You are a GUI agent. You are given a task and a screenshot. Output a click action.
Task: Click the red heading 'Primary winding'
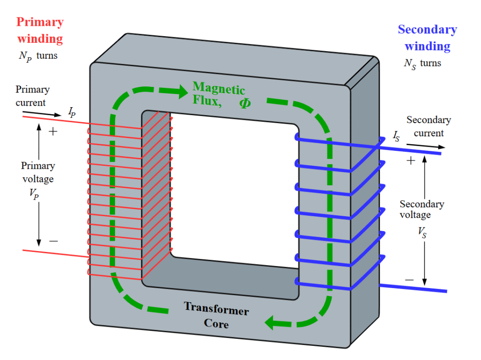[40, 31]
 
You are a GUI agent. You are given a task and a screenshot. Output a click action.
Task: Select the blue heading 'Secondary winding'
[427, 38]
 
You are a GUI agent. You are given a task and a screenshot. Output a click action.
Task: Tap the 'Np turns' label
[38, 56]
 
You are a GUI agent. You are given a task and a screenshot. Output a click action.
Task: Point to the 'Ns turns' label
[422, 64]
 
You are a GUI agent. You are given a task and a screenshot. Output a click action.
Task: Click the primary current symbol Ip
[72, 112]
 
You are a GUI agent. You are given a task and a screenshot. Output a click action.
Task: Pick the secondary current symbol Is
[396, 136]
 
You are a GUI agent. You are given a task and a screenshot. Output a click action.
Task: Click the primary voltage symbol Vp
[34, 194]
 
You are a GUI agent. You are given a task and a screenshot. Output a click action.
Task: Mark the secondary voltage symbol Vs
[422, 232]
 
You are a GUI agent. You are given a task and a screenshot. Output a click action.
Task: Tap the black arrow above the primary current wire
[42, 114]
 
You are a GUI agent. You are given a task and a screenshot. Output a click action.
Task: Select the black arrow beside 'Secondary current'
[426, 146]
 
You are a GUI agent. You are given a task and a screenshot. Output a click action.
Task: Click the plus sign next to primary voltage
[53, 132]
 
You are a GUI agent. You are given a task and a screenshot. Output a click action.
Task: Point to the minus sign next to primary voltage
[54, 241]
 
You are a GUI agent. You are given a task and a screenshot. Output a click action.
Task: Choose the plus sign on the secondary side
[411, 161]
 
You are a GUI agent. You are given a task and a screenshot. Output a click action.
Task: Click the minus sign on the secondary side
[409, 280]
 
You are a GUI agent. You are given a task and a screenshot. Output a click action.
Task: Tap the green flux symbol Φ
[245, 103]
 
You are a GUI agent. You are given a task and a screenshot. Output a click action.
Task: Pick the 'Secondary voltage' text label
[422, 209]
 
